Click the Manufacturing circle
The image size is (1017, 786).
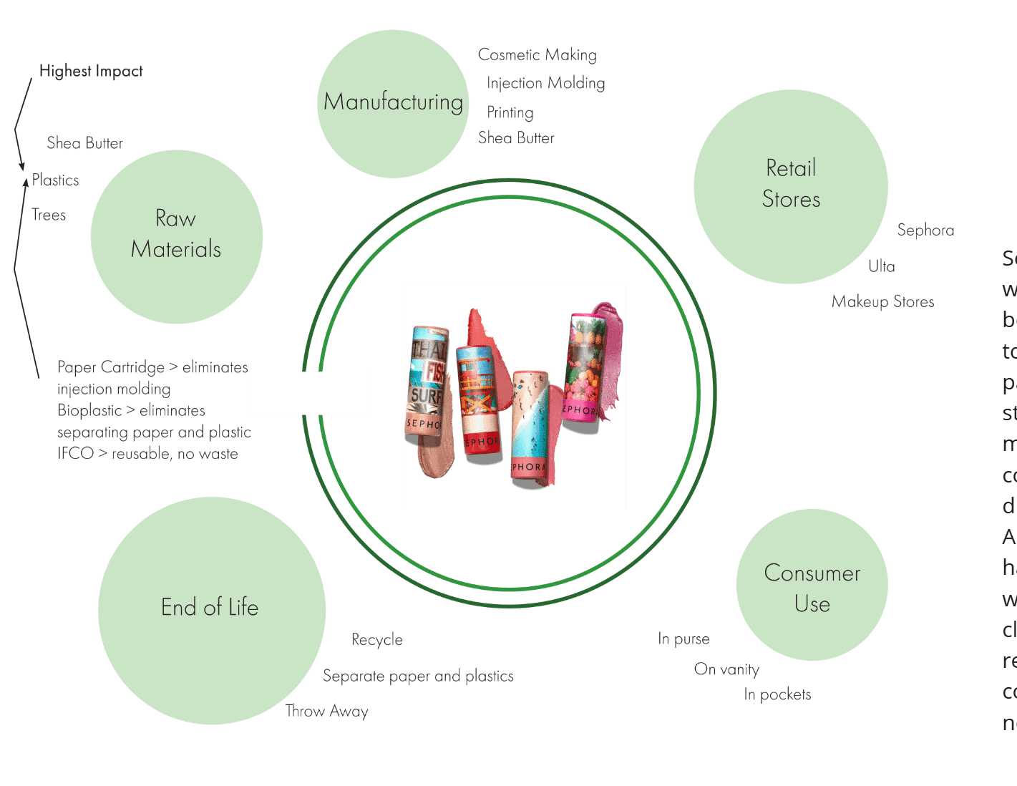click(x=393, y=103)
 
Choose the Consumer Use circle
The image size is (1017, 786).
click(x=812, y=586)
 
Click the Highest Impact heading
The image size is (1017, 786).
click(x=91, y=71)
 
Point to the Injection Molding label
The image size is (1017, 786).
click(x=545, y=83)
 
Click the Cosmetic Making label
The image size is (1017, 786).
click(x=537, y=55)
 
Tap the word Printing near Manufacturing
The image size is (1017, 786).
click(x=510, y=112)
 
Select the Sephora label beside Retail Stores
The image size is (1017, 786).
click(x=925, y=231)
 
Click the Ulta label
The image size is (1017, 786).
click(x=881, y=266)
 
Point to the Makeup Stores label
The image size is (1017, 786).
click(x=882, y=302)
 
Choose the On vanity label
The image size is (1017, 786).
click(x=726, y=669)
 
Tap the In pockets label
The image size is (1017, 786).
click(x=777, y=694)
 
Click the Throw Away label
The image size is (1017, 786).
click(x=326, y=711)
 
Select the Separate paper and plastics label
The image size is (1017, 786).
click(x=418, y=676)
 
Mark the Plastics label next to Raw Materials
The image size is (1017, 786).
click(x=55, y=180)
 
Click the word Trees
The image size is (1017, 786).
click(x=49, y=215)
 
